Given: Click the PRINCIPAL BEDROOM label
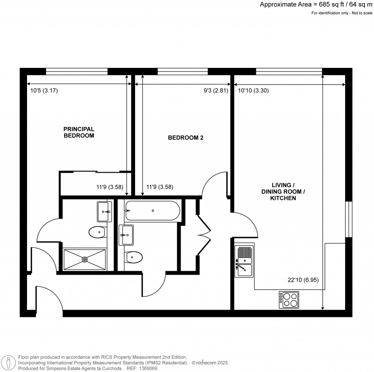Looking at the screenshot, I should tap(79, 132).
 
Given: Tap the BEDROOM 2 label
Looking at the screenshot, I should tap(185, 138).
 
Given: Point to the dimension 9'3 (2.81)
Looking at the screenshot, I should tap(216, 91).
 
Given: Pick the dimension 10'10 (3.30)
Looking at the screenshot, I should tap(253, 91).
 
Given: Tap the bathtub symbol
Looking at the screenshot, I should tap(152, 210).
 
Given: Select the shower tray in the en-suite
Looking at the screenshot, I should tap(85, 259).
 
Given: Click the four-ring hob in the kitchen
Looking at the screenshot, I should tap(289, 299).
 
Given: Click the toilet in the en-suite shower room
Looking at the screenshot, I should tap(97, 232).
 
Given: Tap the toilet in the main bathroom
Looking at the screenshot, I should tap(134, 257).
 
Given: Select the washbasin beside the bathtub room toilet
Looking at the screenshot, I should tap(126, 235).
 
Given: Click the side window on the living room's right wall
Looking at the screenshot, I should tap(349, 219).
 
